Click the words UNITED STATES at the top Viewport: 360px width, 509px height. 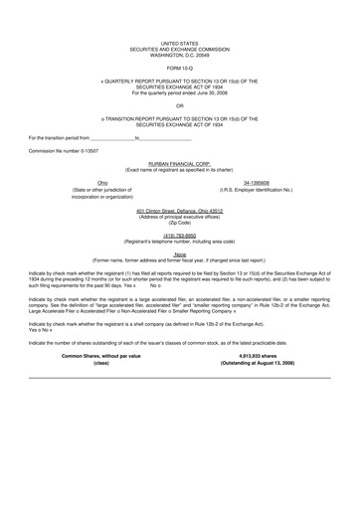coord(179,44)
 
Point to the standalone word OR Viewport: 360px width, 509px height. coord(179,103)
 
